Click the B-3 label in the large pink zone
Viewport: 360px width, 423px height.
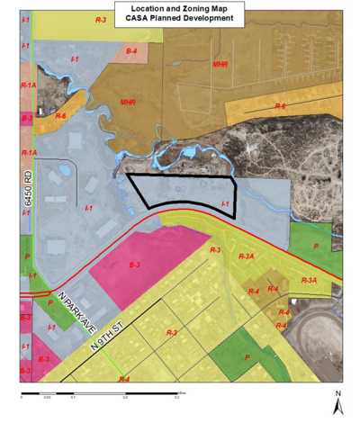[x=133, y=265]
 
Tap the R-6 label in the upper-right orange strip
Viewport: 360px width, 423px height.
[x=280, y=107]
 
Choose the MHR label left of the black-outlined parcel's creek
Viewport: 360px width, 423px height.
[x=128, y=103]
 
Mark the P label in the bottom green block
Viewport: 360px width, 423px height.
[x=247, y=356]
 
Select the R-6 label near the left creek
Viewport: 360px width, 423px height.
[x=60, y=116]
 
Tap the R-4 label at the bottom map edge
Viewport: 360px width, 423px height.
[x=124, y=379]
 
